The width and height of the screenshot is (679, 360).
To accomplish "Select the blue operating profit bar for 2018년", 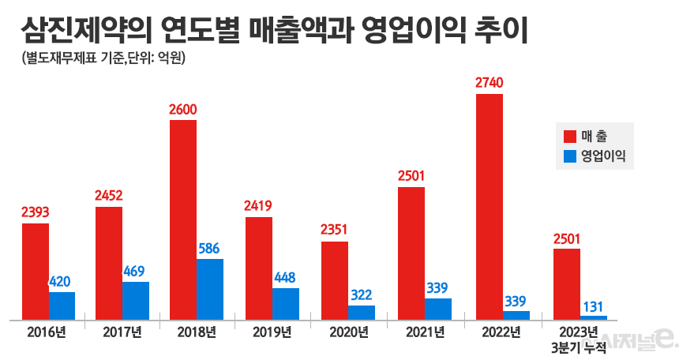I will pyautogui.click(x=210, y=289).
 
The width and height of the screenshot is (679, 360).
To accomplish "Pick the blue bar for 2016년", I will pyautogui.click(x=62, y=306).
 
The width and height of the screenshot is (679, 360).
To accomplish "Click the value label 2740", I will pyautogui.click(x=490, y=83).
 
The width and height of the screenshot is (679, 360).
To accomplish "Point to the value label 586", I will pyautogui.click(x=210, y=248).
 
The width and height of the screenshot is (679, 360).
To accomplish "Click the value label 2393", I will pyautogui.click(x=35, y=212).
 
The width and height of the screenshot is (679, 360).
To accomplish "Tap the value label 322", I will pyautogui.click(x=362, y=294).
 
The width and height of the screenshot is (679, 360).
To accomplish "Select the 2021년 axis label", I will pyautogui.click(x=423, y=332).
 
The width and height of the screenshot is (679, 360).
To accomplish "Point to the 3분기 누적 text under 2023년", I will pyautogui.click(x=579, y=348).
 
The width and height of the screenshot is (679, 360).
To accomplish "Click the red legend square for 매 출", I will pyautogui.click(x=570, y=137).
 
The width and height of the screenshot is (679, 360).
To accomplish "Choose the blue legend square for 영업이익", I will pyautogui.click(x=570, y=156).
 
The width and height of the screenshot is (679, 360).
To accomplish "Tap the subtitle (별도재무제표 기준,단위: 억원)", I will pyautogui.click(x=99, y=59).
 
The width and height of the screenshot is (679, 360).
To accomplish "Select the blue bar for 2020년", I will pyautogui.click(x=362, y=312).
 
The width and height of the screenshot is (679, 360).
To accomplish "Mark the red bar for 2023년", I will pyautogui.click(x=567, y=284).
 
